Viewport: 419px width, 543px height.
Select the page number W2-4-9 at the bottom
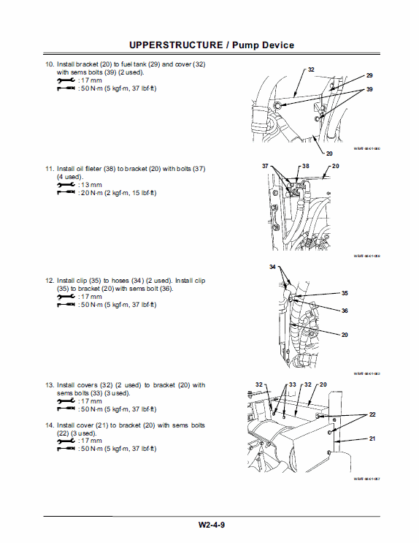point(209,524)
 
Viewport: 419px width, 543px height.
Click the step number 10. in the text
point(50,65)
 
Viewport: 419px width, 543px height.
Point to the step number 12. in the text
point(50,280)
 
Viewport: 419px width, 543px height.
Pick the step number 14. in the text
point(50,425)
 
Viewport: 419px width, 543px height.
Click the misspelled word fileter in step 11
point(109,169)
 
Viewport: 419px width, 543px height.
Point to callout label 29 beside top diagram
point(369,76)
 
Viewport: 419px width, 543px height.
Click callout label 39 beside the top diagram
point(369,88)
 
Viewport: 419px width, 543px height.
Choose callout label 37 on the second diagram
point(266,167)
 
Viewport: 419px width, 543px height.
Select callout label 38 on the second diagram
point(305,167)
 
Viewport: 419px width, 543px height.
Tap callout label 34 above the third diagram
point(273,267)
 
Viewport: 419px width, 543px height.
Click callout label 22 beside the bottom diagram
point(372,414)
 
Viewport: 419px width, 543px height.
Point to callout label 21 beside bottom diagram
point(372,438)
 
